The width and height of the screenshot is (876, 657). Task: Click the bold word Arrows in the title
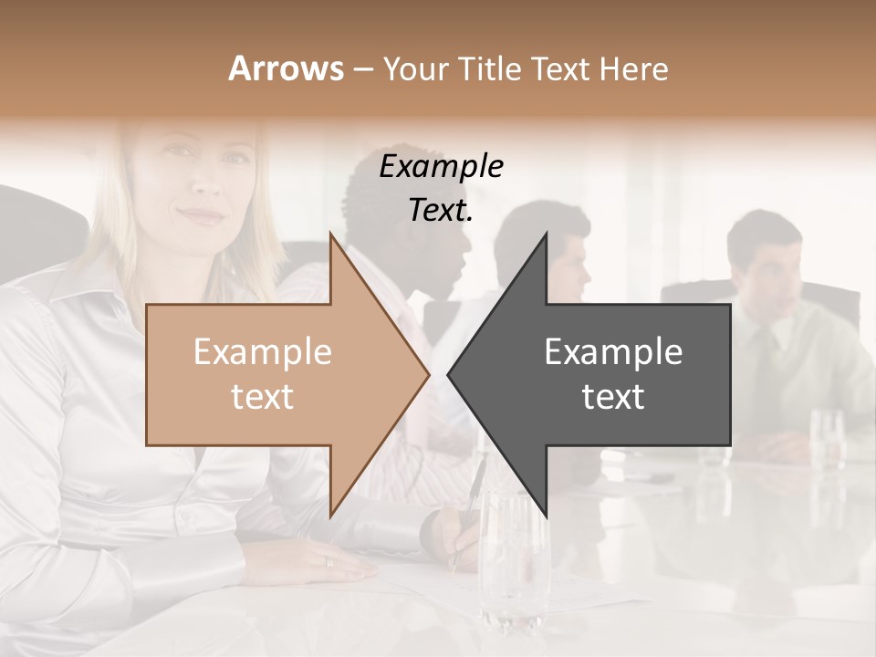coord(286,68)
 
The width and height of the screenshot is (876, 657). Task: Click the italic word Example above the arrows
coord(441,166)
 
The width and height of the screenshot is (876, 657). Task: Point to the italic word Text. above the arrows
coord(441,210)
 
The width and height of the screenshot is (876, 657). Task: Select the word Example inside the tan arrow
coord(263,351)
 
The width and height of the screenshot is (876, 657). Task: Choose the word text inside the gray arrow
coord(613,396)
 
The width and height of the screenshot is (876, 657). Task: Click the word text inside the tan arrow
coord(263,396)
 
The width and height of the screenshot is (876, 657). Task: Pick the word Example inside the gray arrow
coord(613,351)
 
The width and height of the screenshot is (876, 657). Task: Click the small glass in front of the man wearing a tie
coord(827,438)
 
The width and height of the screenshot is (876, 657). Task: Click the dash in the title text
coord(362,69)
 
